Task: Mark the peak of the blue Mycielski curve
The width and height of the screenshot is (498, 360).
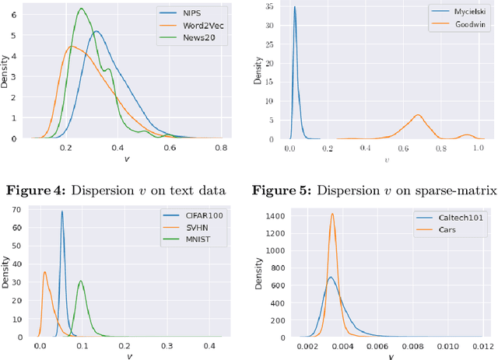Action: (294, 7)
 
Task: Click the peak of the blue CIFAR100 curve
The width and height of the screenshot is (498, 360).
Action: (62, 211)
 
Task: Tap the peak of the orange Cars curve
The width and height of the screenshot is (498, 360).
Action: (332, 214)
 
